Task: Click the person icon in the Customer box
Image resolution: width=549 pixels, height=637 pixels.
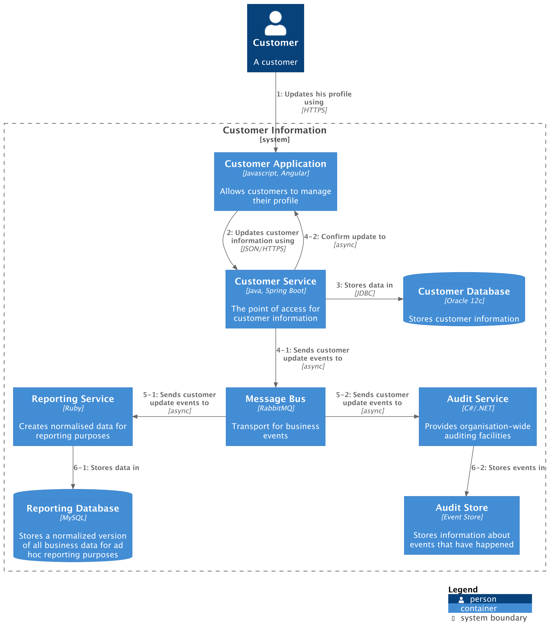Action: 275,23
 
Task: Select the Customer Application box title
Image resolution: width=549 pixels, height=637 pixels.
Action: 275,164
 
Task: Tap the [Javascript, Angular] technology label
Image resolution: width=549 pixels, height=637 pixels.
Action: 276,173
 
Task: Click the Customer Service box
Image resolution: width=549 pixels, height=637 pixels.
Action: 275,299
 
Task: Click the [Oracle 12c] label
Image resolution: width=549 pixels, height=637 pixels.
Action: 464,301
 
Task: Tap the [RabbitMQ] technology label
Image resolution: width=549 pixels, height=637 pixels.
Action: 276,408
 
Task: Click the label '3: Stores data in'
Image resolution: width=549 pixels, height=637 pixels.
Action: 364,285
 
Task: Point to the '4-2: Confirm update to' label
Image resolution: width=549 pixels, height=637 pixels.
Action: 345,237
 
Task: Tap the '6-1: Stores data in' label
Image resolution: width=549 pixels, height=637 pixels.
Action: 106,468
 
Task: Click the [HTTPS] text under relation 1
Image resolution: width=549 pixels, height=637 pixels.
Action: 314,110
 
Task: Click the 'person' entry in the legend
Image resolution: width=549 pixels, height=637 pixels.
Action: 483,599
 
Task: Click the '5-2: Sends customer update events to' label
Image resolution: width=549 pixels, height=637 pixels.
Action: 372,399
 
